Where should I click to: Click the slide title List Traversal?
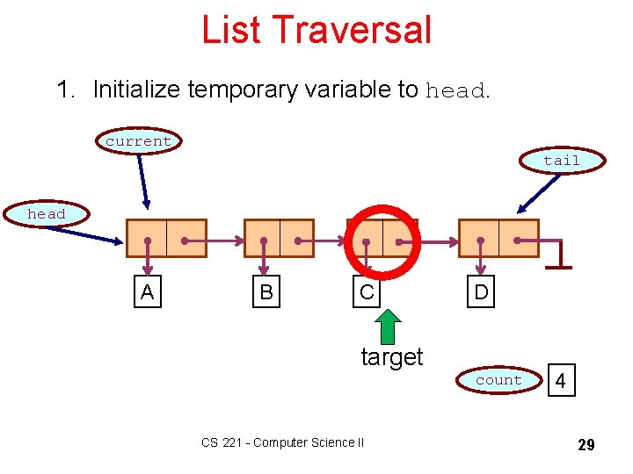(316, 29)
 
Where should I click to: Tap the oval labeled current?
(138, 141)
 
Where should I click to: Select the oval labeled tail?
(561, 161)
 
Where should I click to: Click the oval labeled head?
(47, 214)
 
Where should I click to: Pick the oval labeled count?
(498, 380)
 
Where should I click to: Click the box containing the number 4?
(561, 381)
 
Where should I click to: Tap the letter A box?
(147, 292)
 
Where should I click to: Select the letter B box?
(266, 292)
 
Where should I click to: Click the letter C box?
(367, 292)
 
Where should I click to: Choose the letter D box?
(481, 292)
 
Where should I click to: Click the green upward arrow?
(389, 326)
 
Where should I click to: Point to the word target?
(392, 357)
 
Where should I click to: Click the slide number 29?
(586, 445)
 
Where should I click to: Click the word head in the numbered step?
(454, 91)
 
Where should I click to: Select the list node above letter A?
(166, 238)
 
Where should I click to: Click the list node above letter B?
(279, 238)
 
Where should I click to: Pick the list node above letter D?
(498, 238)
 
